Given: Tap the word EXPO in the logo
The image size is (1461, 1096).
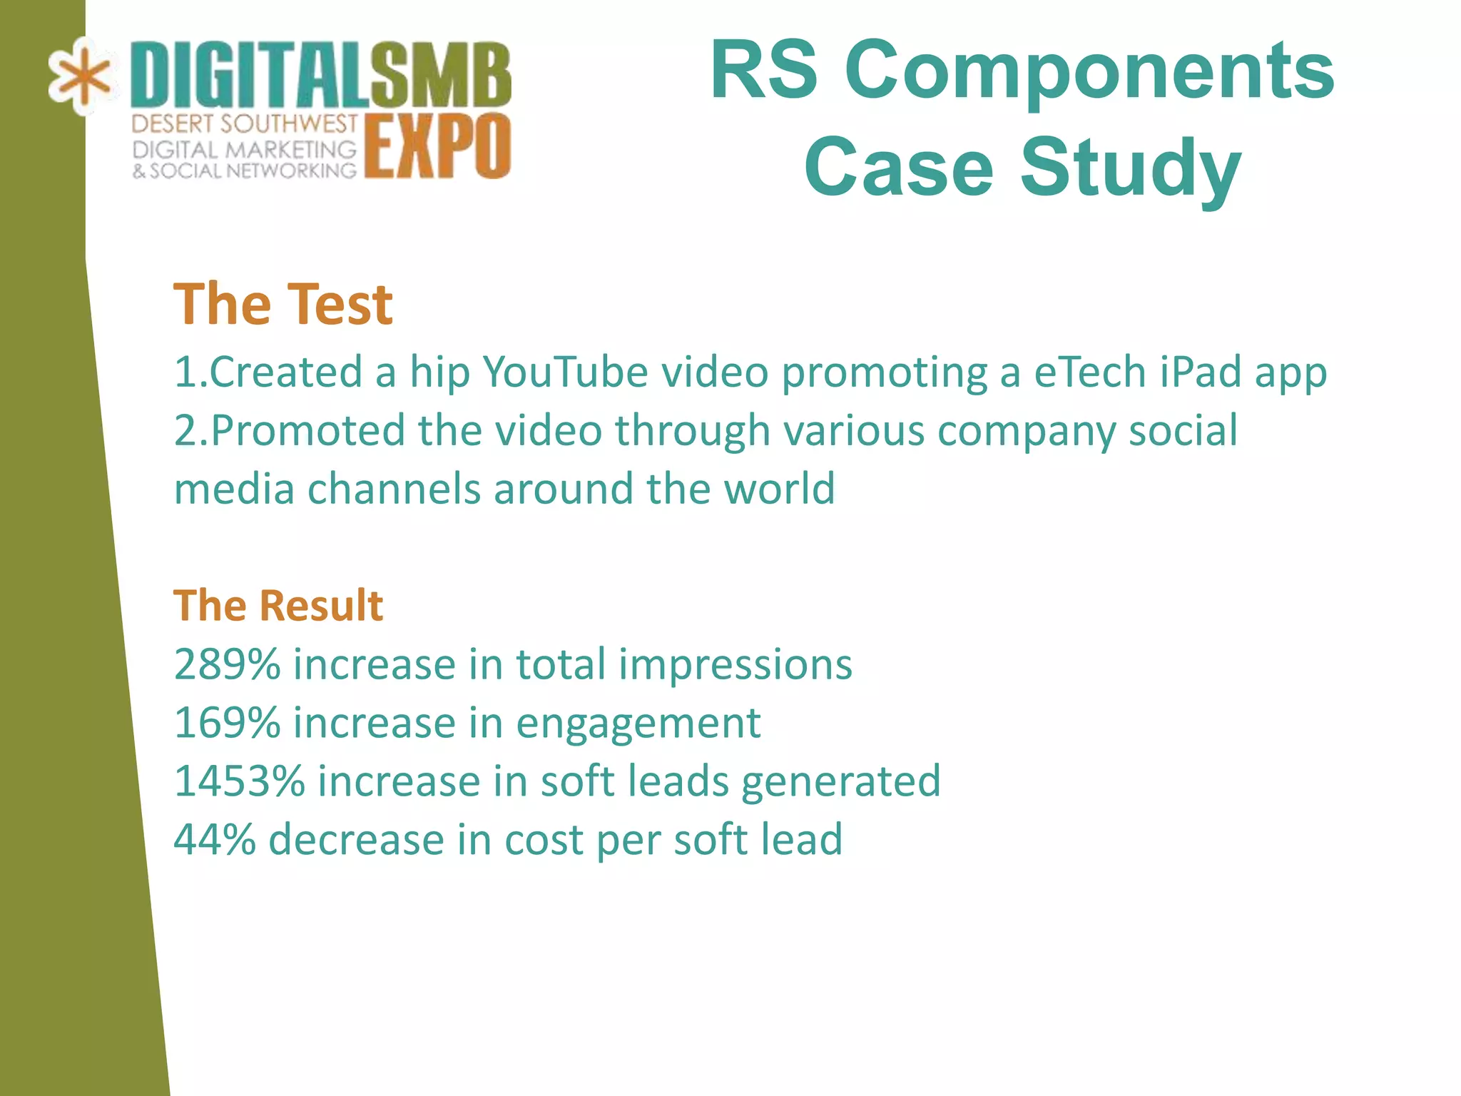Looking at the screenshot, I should (x=438, y=147).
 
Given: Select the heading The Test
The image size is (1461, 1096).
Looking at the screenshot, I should (x=282, y=305).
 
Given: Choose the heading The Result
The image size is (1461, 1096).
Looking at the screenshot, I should (x=278, y=606).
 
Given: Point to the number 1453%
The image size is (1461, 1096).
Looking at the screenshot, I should (x=239, y=781).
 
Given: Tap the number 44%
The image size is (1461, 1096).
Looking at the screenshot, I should (x=215, y=839).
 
